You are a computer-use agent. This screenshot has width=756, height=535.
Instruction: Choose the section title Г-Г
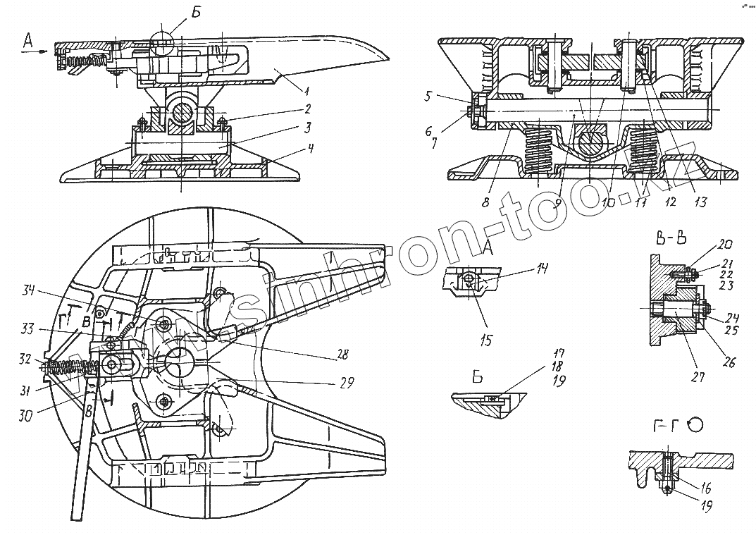(660, 424)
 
